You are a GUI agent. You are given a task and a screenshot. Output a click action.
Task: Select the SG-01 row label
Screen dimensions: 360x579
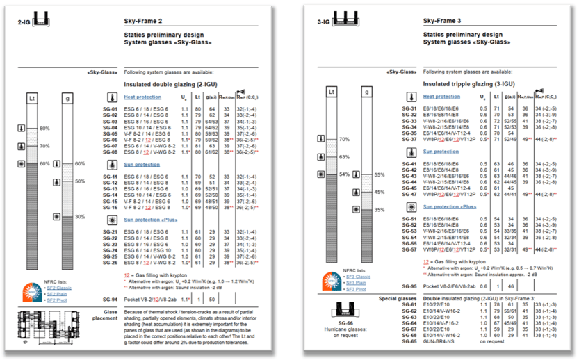pos(110,109)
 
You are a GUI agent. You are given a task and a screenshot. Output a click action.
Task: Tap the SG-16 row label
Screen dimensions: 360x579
pos(110,207)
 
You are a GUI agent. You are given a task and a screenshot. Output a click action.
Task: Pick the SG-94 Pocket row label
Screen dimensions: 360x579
pos(110,298)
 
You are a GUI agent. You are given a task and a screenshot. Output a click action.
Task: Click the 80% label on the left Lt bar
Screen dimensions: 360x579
pos(45,129)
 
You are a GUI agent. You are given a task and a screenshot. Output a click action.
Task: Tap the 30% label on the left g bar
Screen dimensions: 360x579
pos(80,216)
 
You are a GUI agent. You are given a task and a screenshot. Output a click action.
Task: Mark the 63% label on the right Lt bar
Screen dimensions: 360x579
pos(343,158)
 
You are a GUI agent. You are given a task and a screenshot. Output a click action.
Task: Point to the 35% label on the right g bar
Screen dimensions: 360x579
pos(380,209)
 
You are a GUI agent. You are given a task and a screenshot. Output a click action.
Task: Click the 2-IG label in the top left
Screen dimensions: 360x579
pos(23,22)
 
